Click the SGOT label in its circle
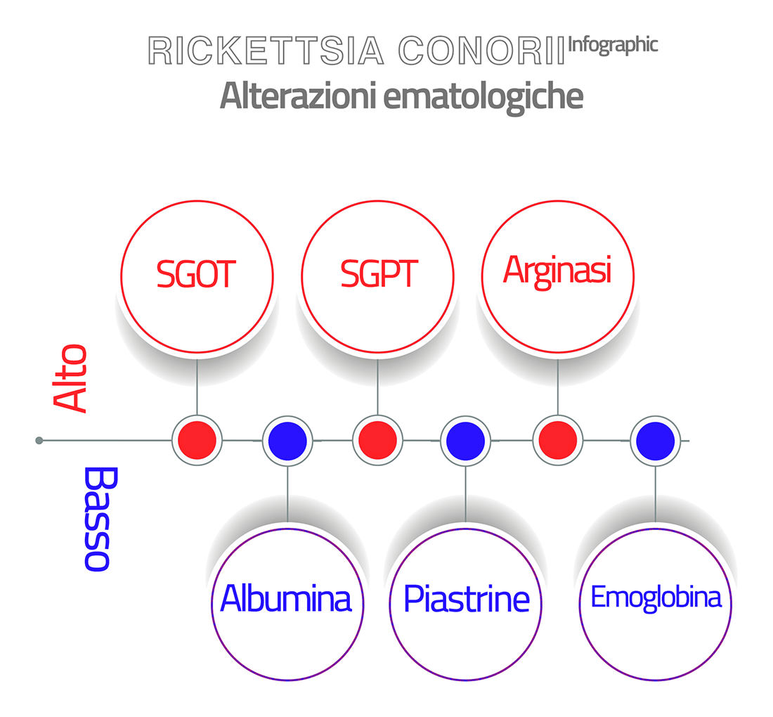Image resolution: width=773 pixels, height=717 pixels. coord(196,273)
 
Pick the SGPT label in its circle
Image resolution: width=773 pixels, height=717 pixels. coord(378,273)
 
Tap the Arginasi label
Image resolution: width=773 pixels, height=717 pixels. coord(557,271)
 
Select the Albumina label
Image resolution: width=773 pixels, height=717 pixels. coord(286,599)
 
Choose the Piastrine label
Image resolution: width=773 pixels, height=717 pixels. coord(467,599)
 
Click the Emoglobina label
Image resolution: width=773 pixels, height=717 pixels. coord(656,597)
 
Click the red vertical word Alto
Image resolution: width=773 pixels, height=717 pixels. coord(70,377)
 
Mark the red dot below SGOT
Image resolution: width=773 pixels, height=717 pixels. coord(197,440)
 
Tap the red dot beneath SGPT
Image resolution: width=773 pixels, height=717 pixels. coord(377,440)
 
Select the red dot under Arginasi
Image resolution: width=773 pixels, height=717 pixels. coord(558,440)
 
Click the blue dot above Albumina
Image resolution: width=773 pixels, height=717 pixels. coord(287,440)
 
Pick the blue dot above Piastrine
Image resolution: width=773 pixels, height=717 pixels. coord(466,440)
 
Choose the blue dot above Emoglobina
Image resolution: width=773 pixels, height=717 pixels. coord(655,440)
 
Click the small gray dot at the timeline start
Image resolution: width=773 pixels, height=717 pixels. coord(39,440)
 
